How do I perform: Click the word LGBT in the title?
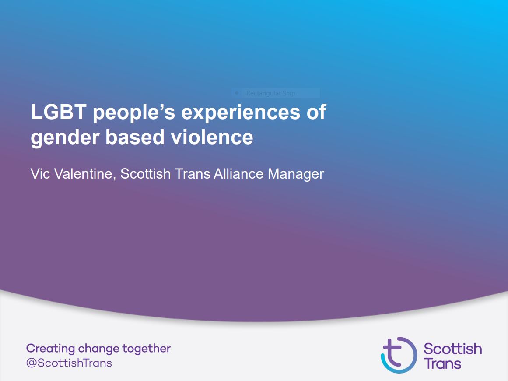click(x=58, y=112)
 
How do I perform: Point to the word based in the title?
click(x=135, y=137)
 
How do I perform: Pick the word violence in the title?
click(x=212, y=137)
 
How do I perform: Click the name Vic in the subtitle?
click(x=40, y=174)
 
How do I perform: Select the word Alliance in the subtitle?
click(x=238, y=174)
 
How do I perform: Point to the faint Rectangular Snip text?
click(x=270, y=93)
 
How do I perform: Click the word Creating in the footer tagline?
click(x=50, y=349)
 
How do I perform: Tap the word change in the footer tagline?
click(x=98, y=349)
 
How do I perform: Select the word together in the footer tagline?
click(x=147, y=349)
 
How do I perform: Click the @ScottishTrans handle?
click(x=69, y=363)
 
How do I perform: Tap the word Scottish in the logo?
click(x=452, y=349)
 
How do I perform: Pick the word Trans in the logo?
click(x=442, y=363)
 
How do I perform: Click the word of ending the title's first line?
click(x=316, y=112)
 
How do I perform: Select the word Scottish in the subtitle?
click(x=145, y=174)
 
